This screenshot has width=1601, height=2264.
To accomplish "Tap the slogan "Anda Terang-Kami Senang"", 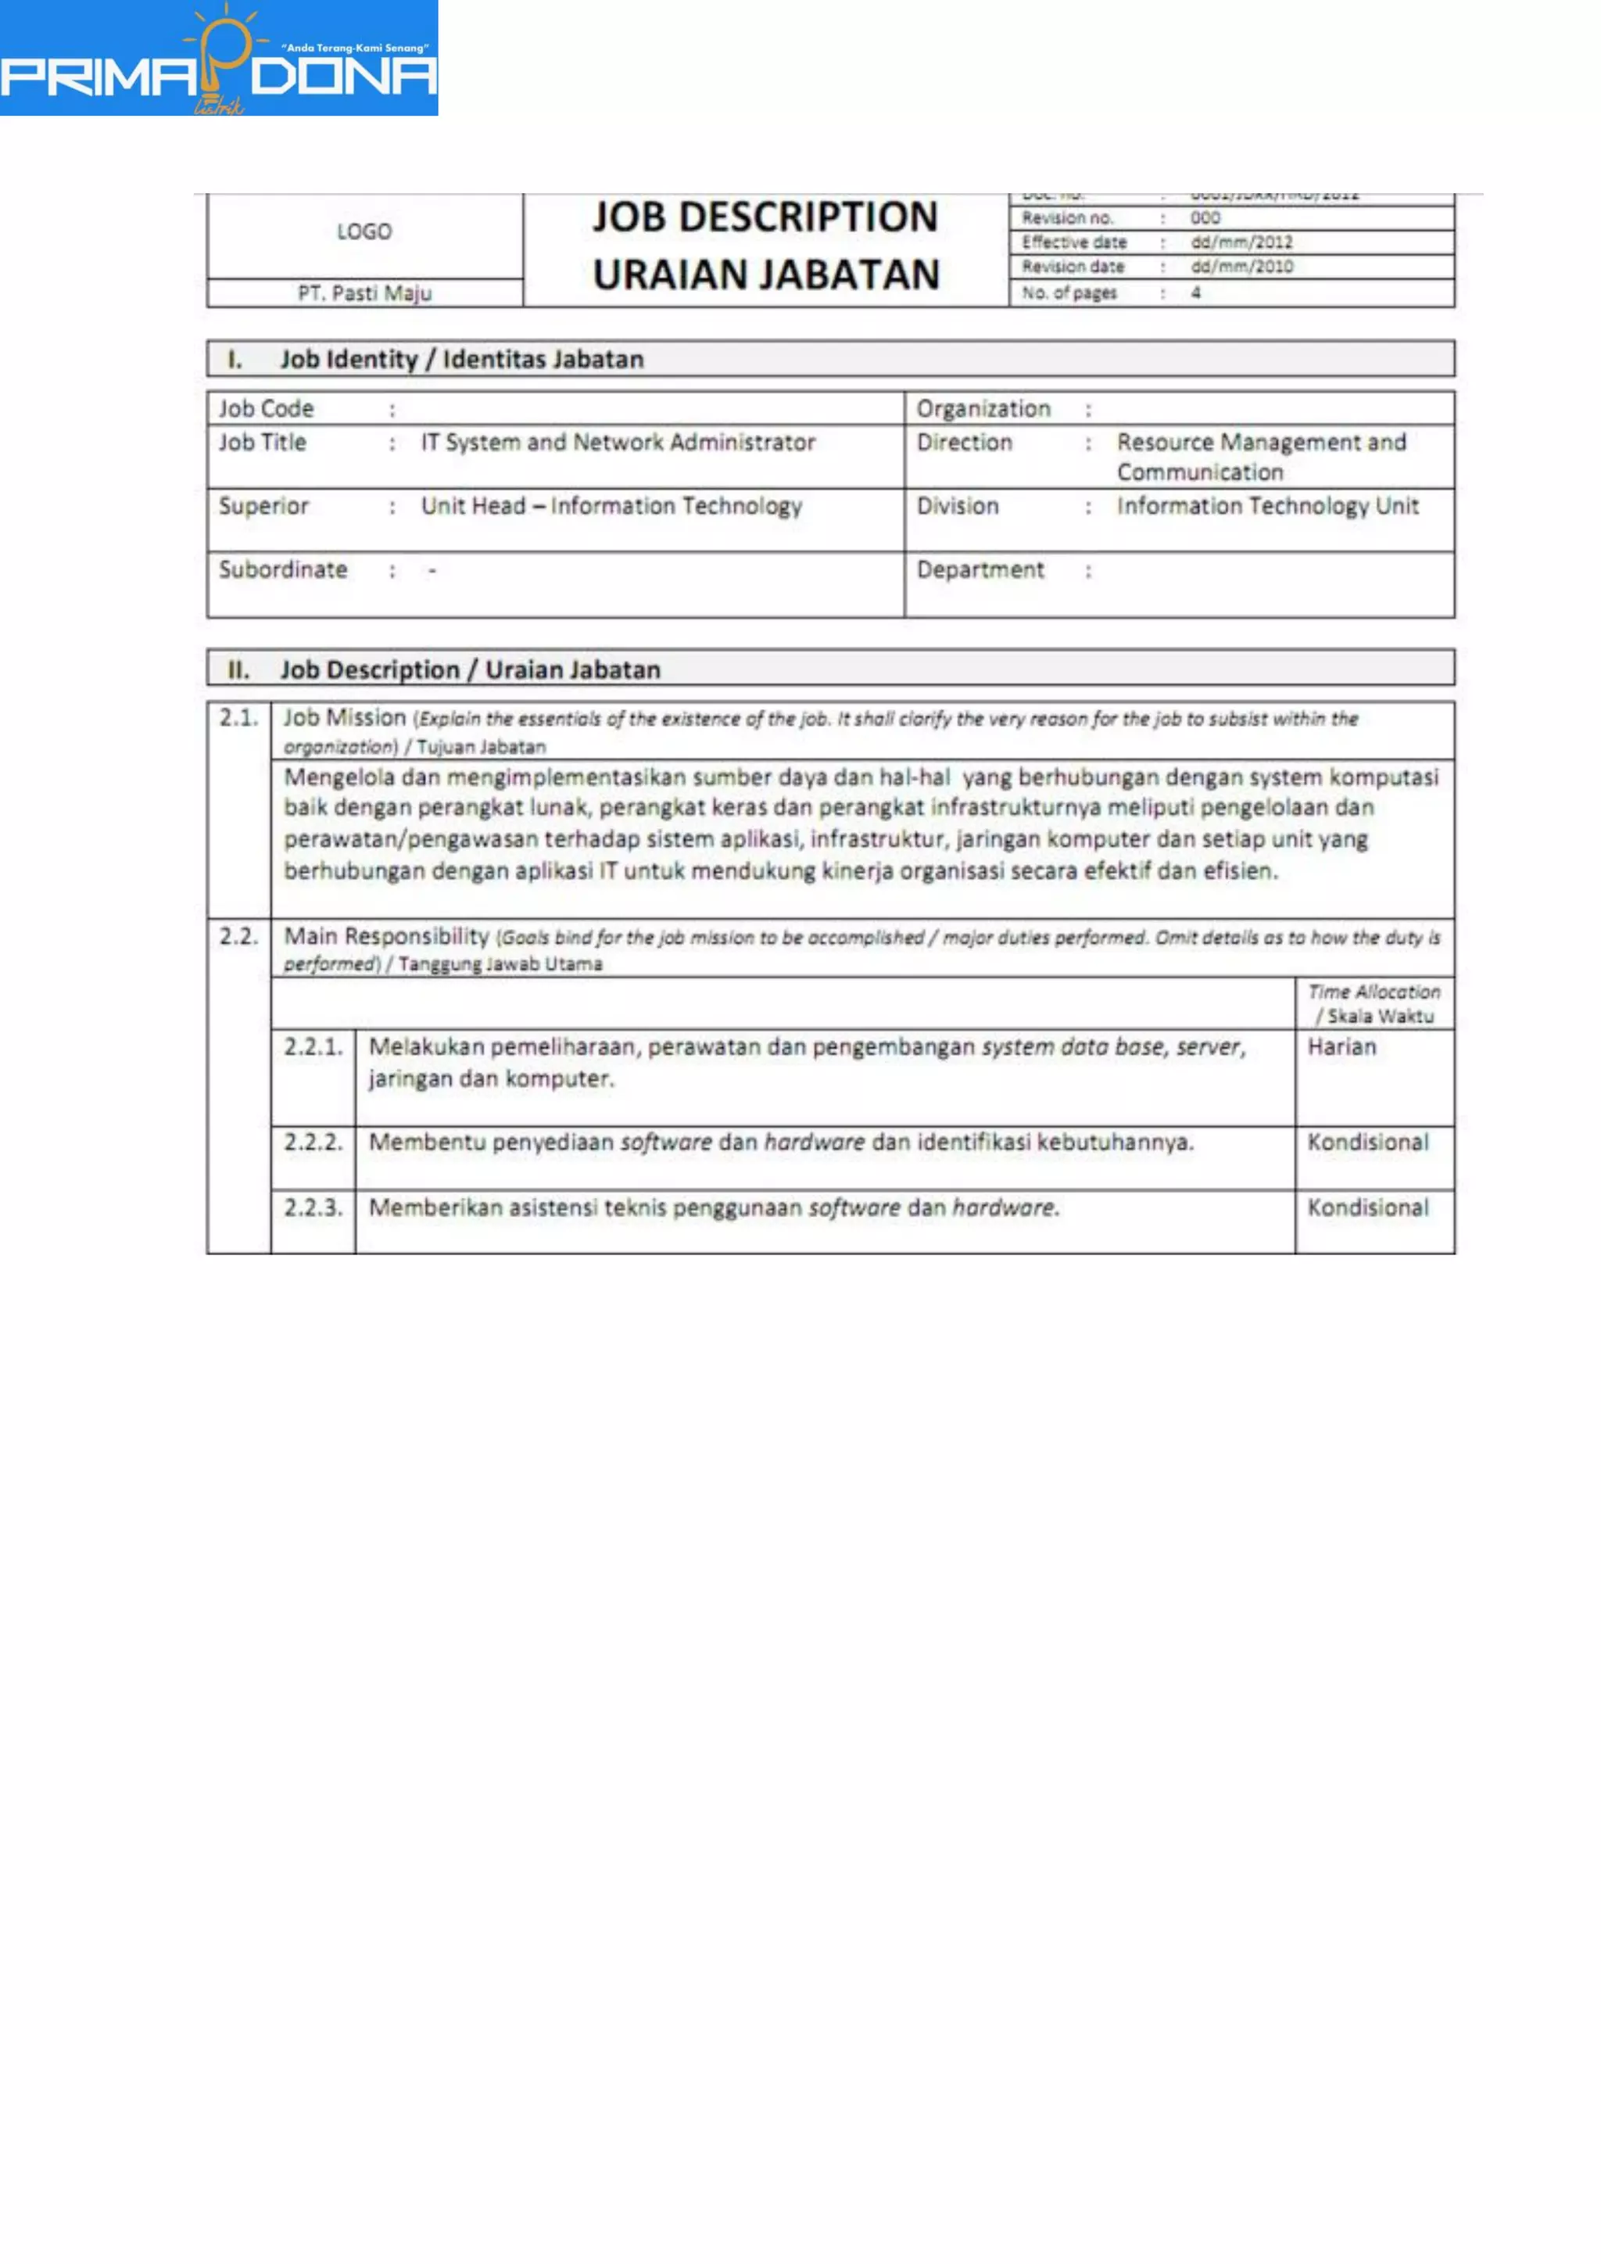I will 356,48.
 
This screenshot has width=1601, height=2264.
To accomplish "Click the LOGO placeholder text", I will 364,231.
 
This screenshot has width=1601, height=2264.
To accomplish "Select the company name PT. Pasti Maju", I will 365,292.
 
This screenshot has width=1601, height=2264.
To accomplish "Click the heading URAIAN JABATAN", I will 766,275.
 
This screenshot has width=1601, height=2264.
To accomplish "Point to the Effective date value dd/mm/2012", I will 1241,242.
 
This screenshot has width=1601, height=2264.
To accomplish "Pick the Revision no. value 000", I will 1205,218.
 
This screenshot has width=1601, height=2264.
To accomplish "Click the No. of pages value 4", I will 1196,292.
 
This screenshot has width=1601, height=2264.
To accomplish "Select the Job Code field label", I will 266,408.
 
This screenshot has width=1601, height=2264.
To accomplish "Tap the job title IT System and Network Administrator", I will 618,443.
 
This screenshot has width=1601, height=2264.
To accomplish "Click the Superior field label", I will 263,506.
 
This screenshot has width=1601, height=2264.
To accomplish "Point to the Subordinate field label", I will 283,570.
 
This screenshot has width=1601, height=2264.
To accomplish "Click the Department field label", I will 980,570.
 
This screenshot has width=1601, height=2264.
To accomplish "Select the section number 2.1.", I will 238,718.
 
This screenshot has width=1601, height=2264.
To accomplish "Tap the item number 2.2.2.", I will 313,1143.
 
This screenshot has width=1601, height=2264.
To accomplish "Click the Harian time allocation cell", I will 1341,1047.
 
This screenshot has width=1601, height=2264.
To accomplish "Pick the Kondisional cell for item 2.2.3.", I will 1367,1208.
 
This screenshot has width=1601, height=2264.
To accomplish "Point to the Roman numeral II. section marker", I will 238,670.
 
